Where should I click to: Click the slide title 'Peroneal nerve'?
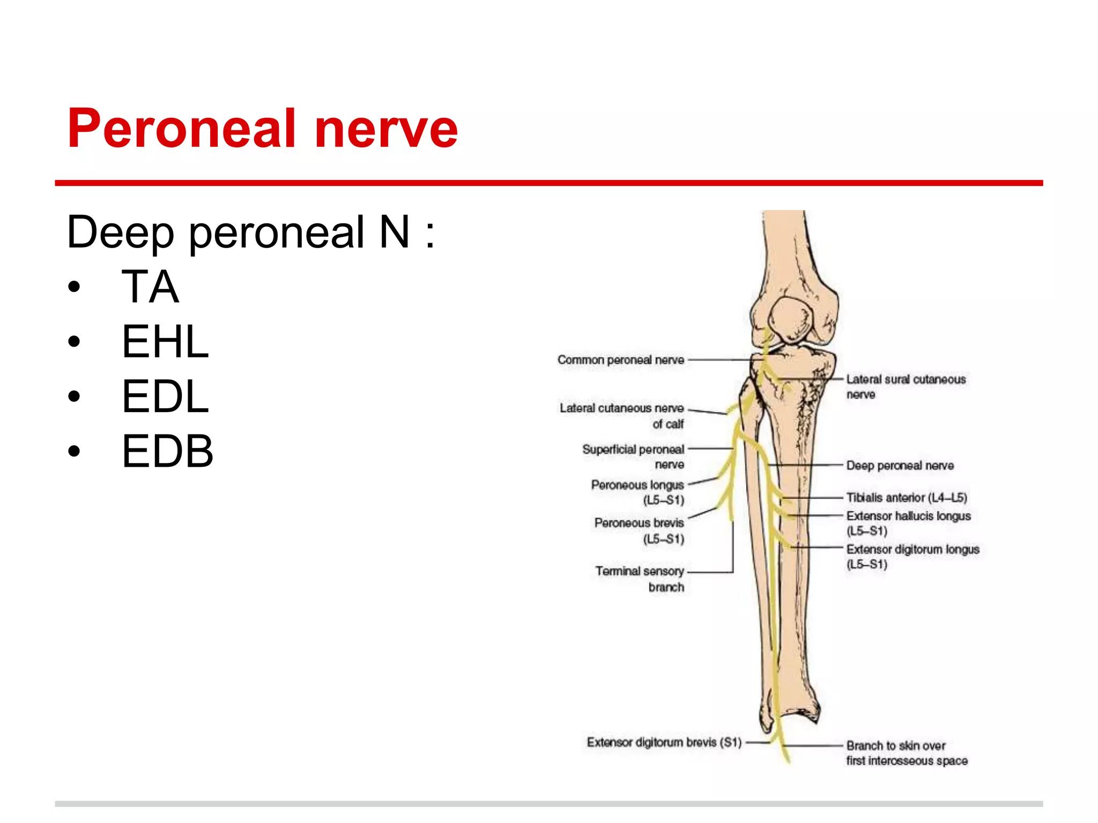point(263,129)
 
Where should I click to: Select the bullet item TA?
point(150,287)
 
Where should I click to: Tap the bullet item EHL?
point(165,342)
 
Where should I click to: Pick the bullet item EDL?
point(165,396)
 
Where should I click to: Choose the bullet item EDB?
point(167,451)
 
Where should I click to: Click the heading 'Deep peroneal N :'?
point(250,233)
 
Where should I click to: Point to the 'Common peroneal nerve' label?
point(621,360)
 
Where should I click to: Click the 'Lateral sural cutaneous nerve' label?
point(906,386)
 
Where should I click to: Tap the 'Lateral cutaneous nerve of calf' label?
point(622,416)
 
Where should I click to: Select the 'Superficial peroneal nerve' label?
point(633,457)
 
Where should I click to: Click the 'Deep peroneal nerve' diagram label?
point(900,466)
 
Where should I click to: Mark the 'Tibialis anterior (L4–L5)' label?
point(907,498)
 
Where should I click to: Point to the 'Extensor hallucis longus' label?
point(908,523)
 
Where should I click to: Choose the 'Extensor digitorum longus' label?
point(912,556)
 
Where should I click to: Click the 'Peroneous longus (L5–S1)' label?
point(637,492)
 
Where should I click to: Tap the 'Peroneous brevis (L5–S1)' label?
point(639,530)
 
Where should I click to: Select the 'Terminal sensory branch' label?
point(640,579)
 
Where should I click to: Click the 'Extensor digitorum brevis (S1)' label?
point(664,743)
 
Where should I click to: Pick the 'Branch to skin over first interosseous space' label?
point(907,753)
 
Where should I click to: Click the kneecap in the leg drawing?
point(791,319)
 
